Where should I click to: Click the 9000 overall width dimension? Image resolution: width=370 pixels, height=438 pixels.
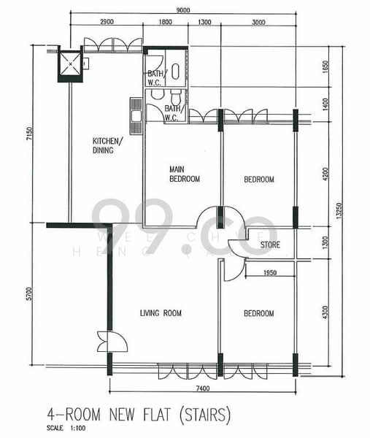coord(184,9)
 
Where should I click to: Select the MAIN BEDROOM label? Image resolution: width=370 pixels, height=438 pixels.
coord(184,174)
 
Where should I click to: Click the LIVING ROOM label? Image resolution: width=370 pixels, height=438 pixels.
coord(161,313)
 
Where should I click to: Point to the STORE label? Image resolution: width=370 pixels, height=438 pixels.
coord(270,245)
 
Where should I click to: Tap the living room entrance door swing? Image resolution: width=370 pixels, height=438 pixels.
coord(111,342)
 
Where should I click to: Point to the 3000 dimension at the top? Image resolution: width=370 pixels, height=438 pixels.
coord(258,23)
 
